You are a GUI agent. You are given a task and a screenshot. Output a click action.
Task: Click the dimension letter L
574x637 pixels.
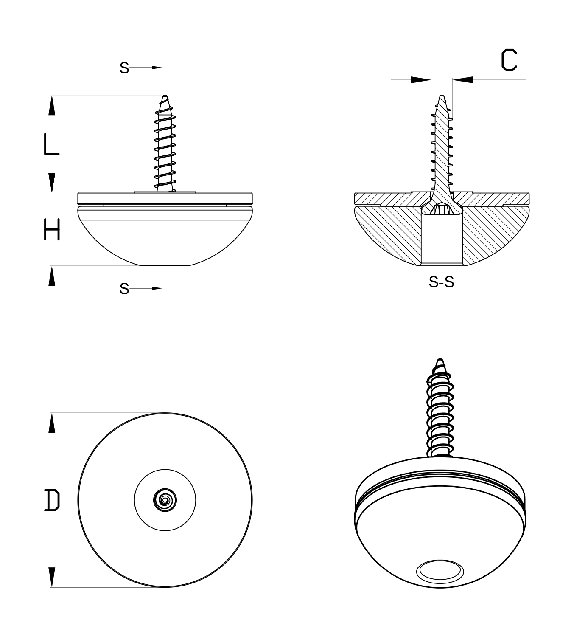(51, 145)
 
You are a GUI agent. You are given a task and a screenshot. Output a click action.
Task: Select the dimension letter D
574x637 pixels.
(52, 500)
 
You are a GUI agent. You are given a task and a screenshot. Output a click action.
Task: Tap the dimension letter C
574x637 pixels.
(509, 60)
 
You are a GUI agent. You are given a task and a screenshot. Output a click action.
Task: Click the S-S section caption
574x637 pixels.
(441, 282)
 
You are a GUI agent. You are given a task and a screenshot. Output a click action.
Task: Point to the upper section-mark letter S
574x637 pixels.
(124, 68)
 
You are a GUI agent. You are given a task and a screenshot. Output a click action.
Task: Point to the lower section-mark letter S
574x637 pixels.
(124, 289)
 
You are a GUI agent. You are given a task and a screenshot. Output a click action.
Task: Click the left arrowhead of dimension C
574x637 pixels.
(421, 80)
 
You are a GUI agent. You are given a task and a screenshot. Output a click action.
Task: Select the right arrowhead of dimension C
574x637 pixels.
(462, 80)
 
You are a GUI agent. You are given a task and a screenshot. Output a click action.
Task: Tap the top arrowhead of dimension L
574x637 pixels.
(52, 105)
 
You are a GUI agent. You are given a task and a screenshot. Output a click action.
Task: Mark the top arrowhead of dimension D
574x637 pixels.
(52, 423)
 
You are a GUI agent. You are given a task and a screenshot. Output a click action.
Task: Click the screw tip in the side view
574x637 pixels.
(165, 96)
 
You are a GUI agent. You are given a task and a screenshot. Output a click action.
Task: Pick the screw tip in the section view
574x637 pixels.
(442, 96)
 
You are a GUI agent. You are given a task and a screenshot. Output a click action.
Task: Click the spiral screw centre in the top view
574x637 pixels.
(165, 500)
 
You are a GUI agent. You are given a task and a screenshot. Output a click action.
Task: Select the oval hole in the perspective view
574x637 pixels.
(440, 572)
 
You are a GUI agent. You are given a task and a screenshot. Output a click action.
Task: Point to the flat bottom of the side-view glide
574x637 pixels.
(165, 265)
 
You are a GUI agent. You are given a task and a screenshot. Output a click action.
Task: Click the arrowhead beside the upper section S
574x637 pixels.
(157, 68)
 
